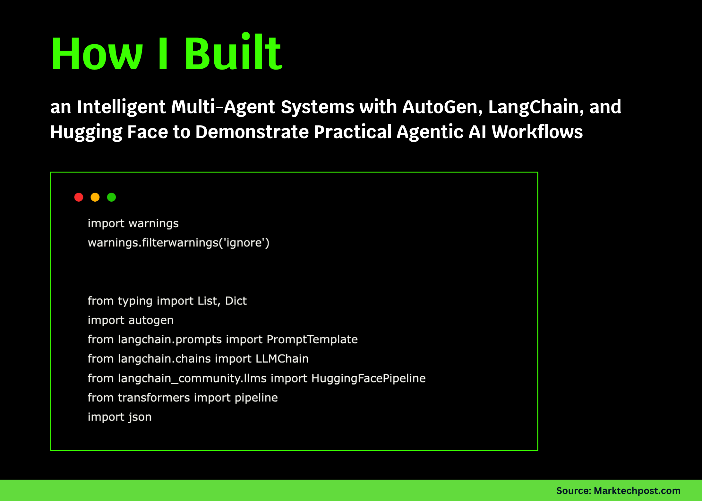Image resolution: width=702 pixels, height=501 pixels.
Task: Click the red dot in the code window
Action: (x=79, y=197)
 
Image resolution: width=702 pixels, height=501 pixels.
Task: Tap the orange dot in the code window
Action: (x=95, y=197)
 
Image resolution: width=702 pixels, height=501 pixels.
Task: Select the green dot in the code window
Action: (x=111, y=197)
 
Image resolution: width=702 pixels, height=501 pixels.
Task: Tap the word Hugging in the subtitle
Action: (x=86, y=132)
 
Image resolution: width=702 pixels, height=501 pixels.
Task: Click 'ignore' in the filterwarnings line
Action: (x=244, y=243)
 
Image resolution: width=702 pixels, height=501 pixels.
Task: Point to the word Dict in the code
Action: (x=236, y=301)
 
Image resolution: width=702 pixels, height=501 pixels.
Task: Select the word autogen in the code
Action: (x=151, y=321)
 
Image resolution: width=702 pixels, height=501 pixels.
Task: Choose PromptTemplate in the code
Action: (x=312, y=339)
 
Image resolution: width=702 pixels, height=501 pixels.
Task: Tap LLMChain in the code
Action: (x=282, y=359)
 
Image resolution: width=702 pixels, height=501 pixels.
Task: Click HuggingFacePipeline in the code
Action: (x=368, y=379)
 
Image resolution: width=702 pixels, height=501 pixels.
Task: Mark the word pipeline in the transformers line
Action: (x=256, y=398)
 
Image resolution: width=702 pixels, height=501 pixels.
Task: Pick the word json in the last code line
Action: (x=140, y=417)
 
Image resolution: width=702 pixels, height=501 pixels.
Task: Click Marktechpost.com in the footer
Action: (x=637, y=491)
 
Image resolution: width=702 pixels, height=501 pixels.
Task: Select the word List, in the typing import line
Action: (x=209, y=301)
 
